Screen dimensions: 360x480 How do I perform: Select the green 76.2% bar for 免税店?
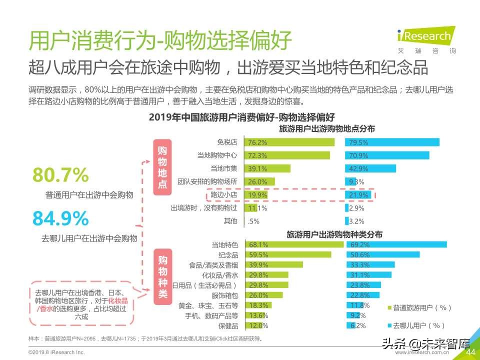(x=289, y=142)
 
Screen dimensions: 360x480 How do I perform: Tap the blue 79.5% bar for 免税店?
(x=392, y=142)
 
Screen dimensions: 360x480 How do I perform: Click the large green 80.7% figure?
(x=60, y=175)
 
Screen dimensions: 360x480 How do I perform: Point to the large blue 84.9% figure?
(x=60, y=218)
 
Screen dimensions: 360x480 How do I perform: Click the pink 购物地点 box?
(x=162, y=167)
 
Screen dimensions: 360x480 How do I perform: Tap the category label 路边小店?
(x=223, y=194)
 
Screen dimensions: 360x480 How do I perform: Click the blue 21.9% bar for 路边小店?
(x=358, y=194)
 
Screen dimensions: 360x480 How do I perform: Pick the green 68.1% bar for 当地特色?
(x=294, y=244)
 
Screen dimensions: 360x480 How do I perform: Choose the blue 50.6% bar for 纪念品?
(x=382, y=254)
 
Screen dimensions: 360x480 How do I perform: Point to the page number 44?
(x=470, y=352)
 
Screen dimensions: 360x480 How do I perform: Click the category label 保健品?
(x=229, y=325)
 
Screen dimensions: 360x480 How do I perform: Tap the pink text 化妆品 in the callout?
(x=118, y=300)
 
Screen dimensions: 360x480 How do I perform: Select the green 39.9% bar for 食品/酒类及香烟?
(x=273, y=264)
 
